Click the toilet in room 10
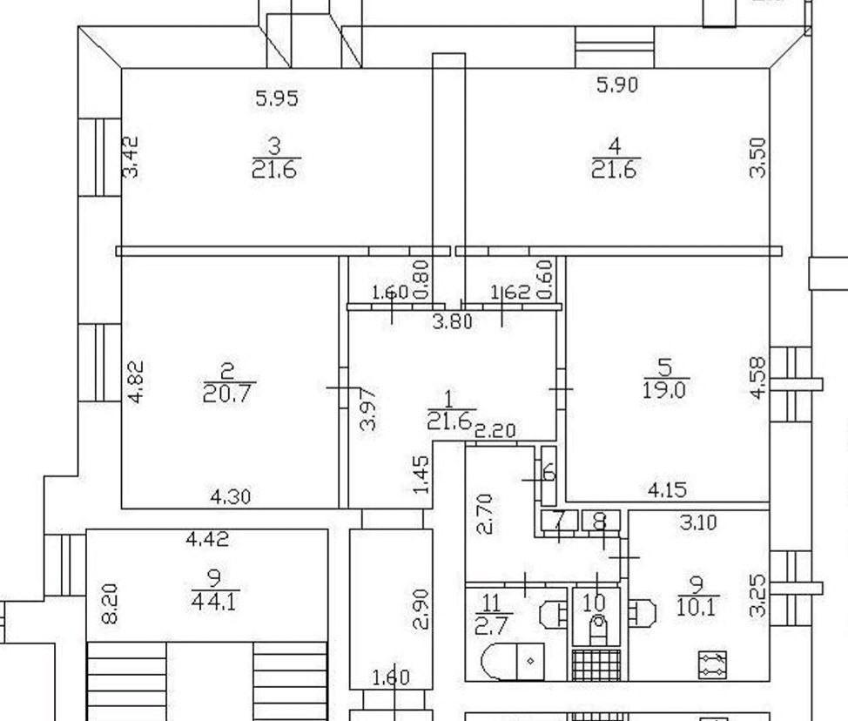598,628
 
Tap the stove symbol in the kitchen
712,664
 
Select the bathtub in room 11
513,662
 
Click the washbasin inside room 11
552,613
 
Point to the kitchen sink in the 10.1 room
643,613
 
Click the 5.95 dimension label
276,98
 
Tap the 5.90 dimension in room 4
617,84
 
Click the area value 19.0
664,389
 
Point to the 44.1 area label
215,602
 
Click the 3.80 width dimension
453,322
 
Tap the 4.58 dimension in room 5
758,378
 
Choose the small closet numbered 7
559,521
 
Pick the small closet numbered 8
601,521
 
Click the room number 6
549,472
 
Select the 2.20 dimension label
495,431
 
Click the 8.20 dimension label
110,603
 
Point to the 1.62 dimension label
510,293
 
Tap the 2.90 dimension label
421,609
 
